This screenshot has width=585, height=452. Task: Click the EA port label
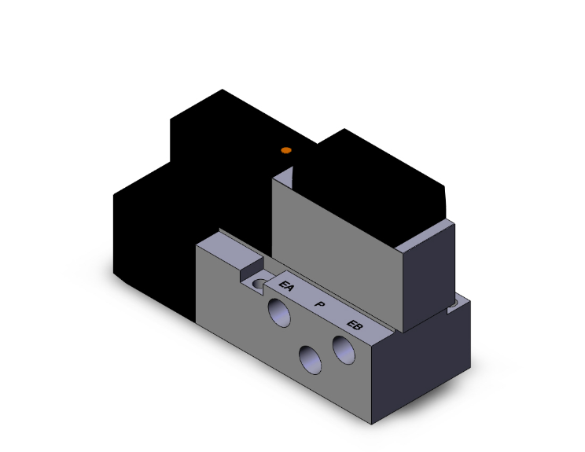(287, 288)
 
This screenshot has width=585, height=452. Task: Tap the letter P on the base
(319, 305)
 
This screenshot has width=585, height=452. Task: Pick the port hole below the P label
(310, 361)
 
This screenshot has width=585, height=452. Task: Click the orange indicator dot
(286, 150)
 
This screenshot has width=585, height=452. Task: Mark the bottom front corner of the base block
(371, 423)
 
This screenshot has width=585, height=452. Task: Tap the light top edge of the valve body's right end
(429, 237)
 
